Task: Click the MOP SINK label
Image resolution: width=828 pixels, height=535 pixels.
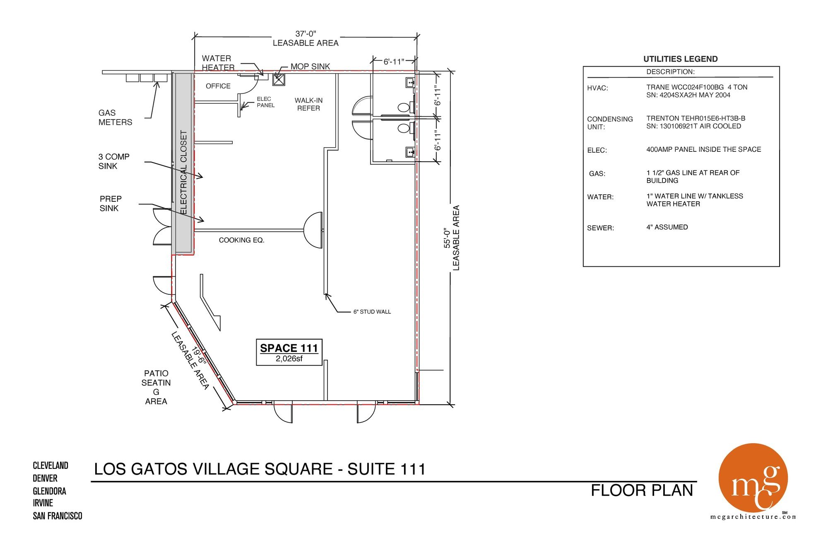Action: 310,67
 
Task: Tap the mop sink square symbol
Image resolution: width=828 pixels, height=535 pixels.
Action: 279,79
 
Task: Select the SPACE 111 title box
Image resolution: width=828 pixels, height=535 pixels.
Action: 289,353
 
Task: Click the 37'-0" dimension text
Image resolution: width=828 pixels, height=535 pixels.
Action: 306,34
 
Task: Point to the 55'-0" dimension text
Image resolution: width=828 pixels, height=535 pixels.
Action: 447,238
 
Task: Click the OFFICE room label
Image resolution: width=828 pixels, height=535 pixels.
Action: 218,86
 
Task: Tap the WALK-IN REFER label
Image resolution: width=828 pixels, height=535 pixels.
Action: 308,104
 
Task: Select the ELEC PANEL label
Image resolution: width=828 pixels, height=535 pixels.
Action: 265,102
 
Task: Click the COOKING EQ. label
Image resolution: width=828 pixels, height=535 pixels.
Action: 241,240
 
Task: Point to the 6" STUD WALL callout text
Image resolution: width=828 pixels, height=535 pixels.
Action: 372,312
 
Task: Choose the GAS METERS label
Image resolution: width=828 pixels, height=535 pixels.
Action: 115,117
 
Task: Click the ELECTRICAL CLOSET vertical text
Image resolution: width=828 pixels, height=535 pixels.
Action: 184,172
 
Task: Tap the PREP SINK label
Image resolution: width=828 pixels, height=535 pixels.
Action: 110,203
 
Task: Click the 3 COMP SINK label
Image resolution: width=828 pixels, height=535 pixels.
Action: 114,161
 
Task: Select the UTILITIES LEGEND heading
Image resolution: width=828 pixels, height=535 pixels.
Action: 681,59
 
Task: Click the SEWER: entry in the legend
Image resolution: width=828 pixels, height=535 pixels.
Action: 600,228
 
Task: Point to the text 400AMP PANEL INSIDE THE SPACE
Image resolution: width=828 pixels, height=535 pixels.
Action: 704,149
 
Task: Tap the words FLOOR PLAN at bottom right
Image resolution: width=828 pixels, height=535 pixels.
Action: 642,490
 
